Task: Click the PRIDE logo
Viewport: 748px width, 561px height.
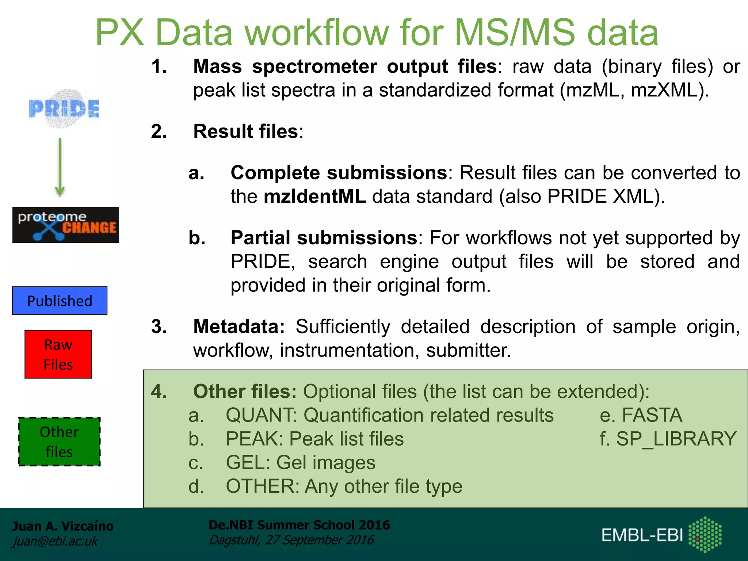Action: tap(64, 108)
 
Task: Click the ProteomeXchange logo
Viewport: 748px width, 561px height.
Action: tap(66, 225)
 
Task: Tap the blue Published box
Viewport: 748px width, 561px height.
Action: tap(60, 301)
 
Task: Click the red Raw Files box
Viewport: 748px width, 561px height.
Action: tap(58, 354)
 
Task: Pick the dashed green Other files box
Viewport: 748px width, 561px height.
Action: tap(59, 442)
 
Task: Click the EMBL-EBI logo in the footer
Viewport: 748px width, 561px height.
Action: tap(661, 535)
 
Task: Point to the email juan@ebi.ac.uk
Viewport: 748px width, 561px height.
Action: tap(55, 541)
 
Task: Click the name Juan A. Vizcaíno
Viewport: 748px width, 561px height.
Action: tap(63, 526)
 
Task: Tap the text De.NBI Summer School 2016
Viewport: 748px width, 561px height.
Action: tap(299, 525)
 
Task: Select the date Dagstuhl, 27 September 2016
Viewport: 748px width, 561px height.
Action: tap(291, 540)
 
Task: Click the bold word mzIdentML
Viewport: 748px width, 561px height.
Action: tap(314, 196)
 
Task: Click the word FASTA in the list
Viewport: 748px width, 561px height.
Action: tap(652, 415)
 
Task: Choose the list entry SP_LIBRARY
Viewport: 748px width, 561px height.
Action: tap(676, 439)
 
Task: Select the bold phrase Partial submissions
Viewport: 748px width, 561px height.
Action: tap(324, 238)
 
